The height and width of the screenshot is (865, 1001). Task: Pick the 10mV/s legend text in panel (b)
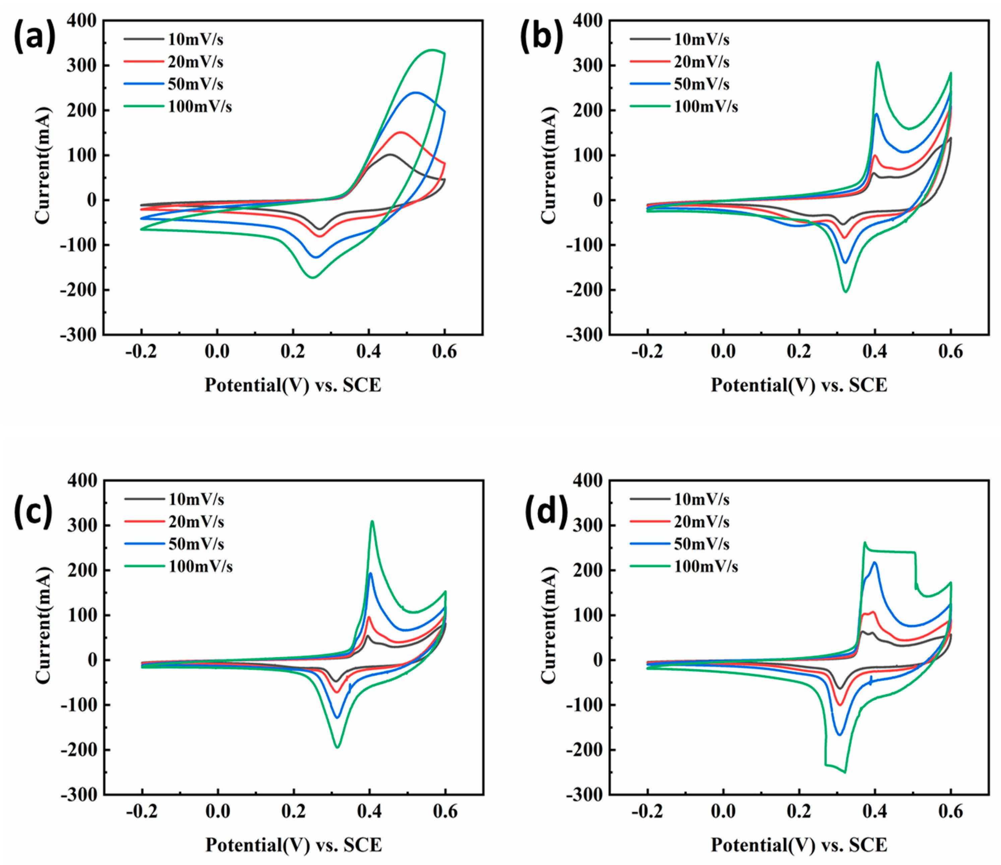pos(701,40)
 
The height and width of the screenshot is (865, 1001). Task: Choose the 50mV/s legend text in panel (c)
pos(196,544)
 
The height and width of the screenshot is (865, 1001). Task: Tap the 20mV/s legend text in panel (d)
pos(701,522)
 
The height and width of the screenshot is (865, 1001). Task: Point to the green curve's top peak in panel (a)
pos(431,50)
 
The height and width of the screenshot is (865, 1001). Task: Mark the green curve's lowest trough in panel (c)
pos(337,748)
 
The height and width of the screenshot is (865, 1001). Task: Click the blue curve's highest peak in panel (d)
pos(874,563)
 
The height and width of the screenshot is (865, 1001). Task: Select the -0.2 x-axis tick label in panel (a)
pos(141,352)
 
